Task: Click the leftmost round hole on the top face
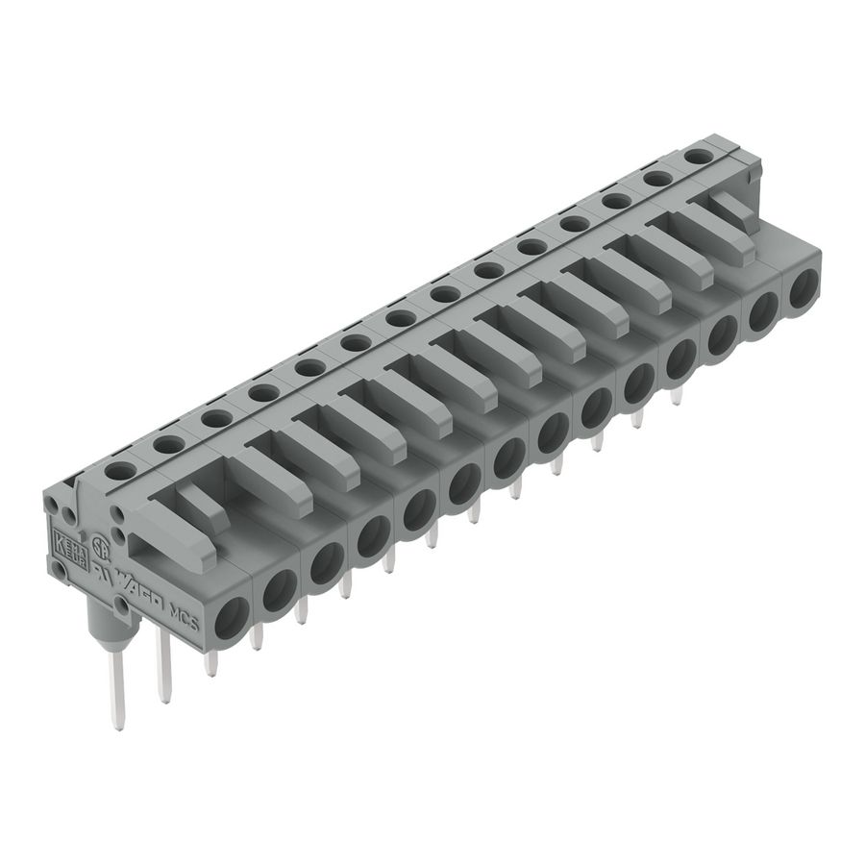click(121, 470)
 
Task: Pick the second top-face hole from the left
click(169, 444)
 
